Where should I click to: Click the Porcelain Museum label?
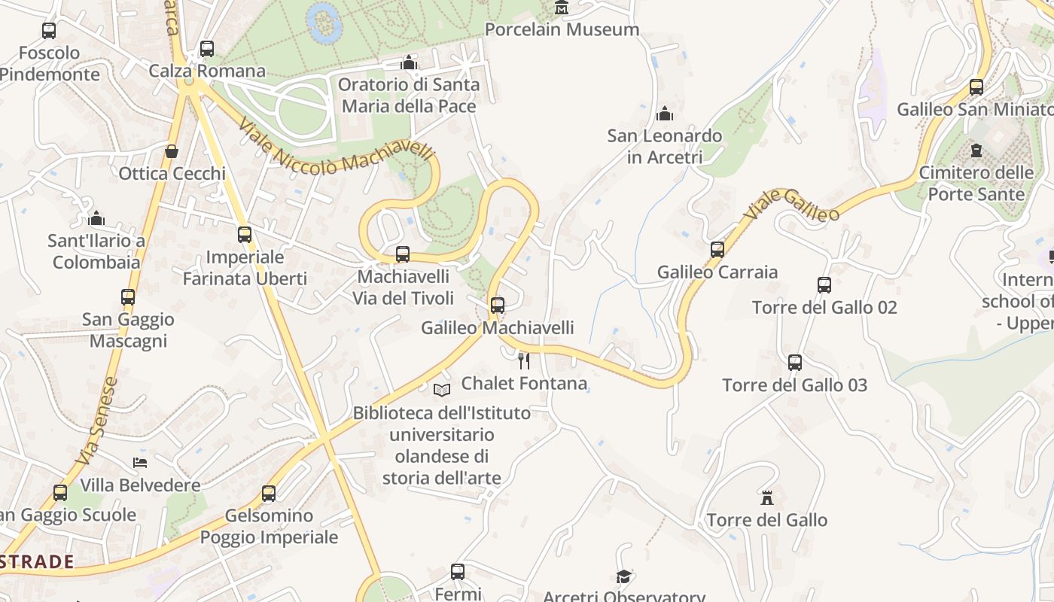click(562, 29)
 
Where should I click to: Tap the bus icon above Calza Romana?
click(206, 49)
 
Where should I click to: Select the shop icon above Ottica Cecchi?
click(172, 151)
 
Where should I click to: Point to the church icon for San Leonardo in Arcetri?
click(665, 114)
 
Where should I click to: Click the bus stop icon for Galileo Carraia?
click(717, 249)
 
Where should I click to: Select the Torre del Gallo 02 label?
click(824, 307)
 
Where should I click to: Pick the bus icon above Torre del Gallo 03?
click(795, 363)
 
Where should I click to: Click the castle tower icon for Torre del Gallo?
click(767, 497)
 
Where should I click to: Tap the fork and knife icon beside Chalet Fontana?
click(524, 360)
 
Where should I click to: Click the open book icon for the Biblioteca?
click(442, 390)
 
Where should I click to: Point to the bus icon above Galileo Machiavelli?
click(497, 305)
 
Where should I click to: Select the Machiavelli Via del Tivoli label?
click(404, 287)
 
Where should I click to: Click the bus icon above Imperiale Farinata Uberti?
click(245, 234)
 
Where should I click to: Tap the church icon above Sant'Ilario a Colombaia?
click(96, 219)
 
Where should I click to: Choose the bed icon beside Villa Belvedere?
click(140, 462)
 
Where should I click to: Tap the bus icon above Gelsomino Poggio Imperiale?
click(269, 494)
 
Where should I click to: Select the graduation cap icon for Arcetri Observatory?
click(623, 576)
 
